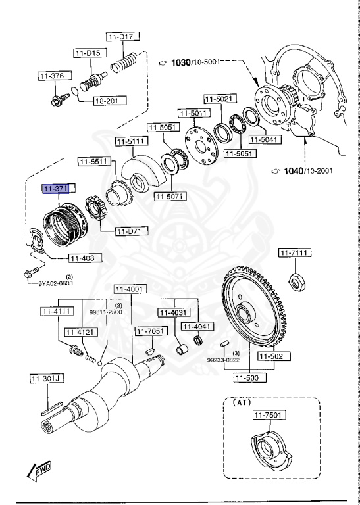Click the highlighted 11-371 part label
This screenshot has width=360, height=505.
(x=56, y=189)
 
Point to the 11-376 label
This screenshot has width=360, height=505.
(x=52, y=76)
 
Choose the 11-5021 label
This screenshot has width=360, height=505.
(x=219, y=99)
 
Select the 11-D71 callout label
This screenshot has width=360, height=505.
(x=132, y=231)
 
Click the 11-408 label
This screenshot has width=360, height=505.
(x=84, y=258)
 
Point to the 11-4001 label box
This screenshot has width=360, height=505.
(x=130, y=289)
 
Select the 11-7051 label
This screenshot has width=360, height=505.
(x=151, y=331)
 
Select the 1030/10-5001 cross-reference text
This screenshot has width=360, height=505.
(x=195, y=62)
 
